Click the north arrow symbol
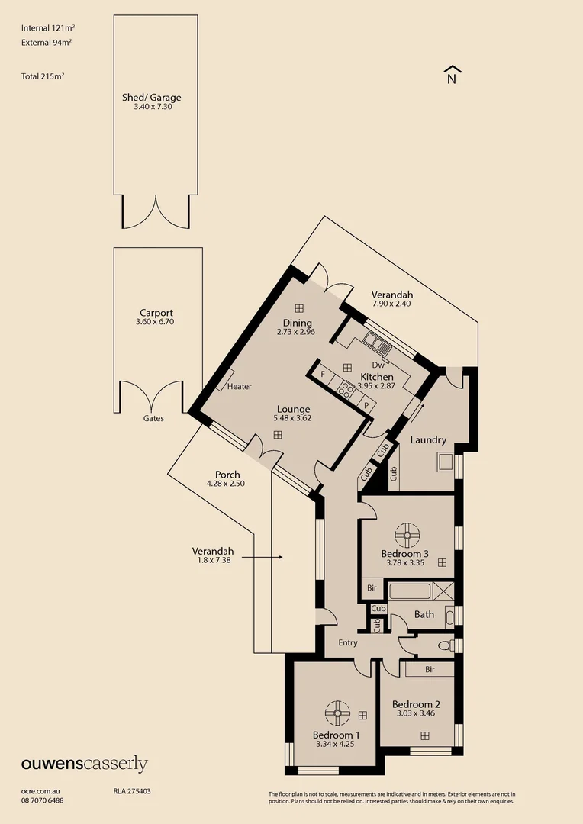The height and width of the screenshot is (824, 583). pos(452,74)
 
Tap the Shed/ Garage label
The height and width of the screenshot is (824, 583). pos(152,98)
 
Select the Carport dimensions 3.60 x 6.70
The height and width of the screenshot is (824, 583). pos(156,323)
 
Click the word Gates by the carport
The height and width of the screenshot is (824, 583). pos(153,418)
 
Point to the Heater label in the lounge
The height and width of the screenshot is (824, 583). pos(240,387)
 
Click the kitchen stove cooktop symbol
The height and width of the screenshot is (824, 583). pos(346,391)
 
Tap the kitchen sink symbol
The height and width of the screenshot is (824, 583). pos(377,343)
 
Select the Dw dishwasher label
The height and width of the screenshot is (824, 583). pos(377,365)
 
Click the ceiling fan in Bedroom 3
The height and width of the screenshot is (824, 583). pos(408,531)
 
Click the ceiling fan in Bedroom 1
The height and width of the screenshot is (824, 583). pos(337,713)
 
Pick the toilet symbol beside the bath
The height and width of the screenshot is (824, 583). pos(444,645)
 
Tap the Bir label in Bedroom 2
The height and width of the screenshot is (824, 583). pos(430,669)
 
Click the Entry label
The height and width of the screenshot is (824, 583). pos(348,643)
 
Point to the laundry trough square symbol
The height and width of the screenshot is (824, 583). pos(444,462)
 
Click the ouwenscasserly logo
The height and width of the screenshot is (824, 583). pos(84,764)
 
